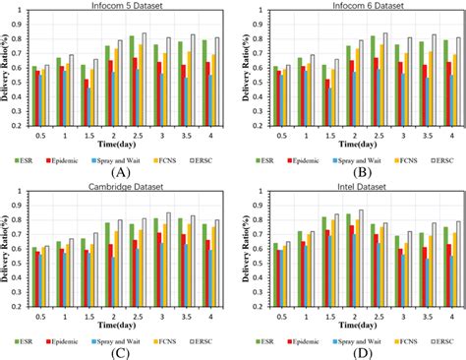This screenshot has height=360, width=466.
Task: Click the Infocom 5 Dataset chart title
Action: [126, 8]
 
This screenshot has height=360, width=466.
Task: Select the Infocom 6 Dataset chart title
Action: [358, 8]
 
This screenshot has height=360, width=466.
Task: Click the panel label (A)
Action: [122, 171]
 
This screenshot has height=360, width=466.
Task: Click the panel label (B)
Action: [354, 171]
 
